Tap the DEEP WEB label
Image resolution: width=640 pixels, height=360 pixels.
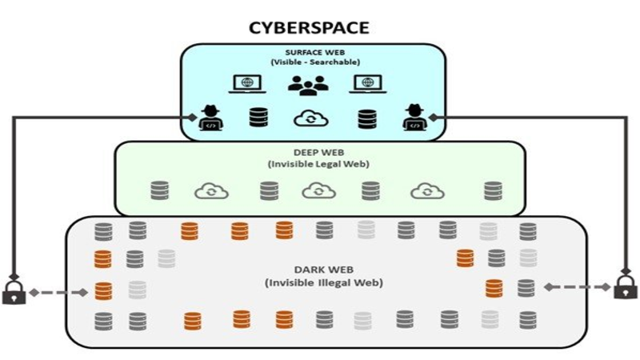(318, 151)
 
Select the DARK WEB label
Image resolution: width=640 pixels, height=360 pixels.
(322, 269)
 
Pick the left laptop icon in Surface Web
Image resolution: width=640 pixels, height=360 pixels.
(246, 84)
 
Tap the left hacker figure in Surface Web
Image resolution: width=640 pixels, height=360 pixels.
(210, 117)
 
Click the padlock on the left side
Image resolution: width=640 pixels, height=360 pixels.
(14, 291)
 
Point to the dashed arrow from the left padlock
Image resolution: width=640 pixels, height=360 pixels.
(58, 293)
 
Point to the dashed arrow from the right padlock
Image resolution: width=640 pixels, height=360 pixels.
(577, 286)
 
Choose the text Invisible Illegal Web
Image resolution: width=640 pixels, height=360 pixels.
(322, 282)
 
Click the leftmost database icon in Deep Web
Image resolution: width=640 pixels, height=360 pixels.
(160, 190)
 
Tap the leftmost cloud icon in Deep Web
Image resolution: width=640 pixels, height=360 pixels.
(211, 190)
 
